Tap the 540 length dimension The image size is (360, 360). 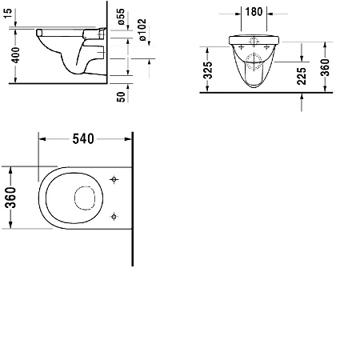pos(84,138)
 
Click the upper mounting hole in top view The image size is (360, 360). pos(114,180)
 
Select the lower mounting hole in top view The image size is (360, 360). pos(114,214)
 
